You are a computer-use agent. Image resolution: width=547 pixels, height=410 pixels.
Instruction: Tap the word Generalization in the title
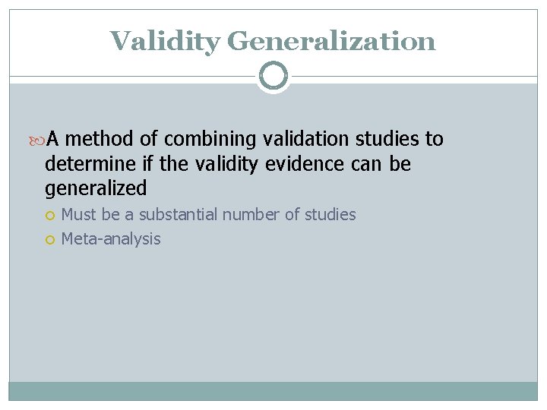click(331, 41)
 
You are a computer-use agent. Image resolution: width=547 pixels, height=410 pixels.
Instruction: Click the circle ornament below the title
click(273, 76)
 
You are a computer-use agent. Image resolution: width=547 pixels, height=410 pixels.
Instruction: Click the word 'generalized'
click(96, 188)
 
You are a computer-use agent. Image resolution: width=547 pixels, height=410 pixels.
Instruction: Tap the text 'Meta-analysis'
click(111, 239)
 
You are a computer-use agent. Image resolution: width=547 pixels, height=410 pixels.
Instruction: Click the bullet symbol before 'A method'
click(40, 140)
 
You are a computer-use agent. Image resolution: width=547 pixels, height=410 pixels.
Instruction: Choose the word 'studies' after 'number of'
click(330, 215)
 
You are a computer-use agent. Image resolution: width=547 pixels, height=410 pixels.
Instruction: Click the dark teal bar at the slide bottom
click(273, 390)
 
